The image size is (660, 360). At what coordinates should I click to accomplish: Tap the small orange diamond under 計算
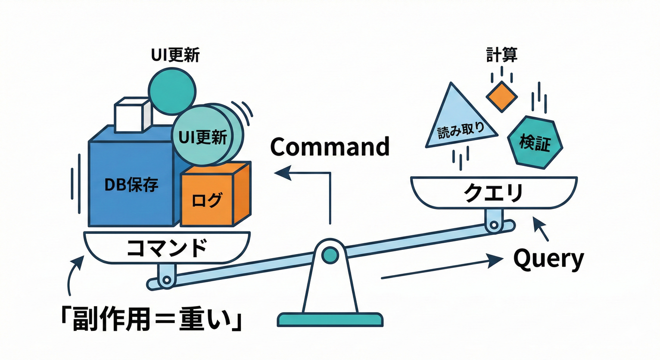pyautogui.click(x=502, y=96)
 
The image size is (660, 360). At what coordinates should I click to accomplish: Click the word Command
pyautogui.click(x=330, y=147)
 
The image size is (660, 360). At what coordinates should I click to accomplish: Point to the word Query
pyautogui.click(x=548, y=259)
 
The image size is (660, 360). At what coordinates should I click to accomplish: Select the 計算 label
pyautogui.click(x=502, y=55)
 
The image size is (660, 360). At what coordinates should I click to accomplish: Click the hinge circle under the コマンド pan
pyautogui.click(x=165, y=280)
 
